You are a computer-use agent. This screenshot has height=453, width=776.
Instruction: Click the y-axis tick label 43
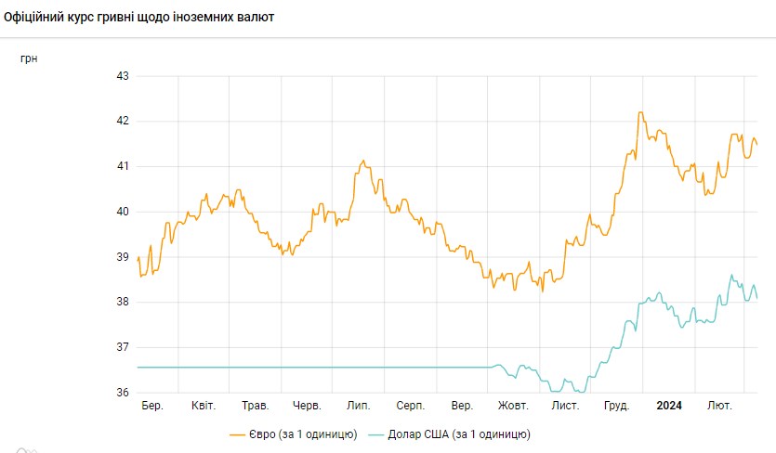122,75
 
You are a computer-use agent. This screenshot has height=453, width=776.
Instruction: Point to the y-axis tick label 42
122,121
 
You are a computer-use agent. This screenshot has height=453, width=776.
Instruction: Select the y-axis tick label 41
122,166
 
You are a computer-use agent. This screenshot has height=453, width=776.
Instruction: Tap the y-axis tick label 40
122,212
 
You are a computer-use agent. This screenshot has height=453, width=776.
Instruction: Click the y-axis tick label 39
122,257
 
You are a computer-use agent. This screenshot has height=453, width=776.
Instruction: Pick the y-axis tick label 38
122,302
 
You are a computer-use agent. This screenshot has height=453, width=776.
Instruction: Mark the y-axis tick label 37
122,347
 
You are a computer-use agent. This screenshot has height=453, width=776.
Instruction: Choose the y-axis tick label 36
122,393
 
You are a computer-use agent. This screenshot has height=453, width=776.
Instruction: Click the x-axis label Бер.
152,406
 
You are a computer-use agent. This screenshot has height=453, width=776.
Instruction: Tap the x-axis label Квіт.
204,406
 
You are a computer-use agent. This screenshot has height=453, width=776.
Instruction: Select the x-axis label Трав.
255,406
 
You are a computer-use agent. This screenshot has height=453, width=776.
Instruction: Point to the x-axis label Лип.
358,406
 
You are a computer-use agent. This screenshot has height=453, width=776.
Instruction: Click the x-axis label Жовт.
513,406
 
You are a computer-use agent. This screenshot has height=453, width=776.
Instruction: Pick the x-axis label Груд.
616,406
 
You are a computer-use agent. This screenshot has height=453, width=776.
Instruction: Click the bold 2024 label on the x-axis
668,406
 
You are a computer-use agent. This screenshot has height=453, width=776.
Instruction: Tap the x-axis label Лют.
719,406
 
